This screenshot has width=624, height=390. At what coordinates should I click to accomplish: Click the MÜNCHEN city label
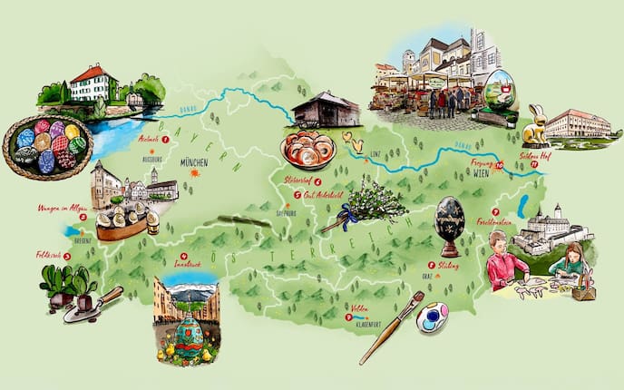[194, 162]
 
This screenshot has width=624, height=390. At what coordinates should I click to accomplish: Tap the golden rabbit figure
[536, 126]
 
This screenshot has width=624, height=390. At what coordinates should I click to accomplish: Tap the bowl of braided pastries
[307, 151]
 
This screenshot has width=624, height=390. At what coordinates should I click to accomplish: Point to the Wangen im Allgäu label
[55, 208]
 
